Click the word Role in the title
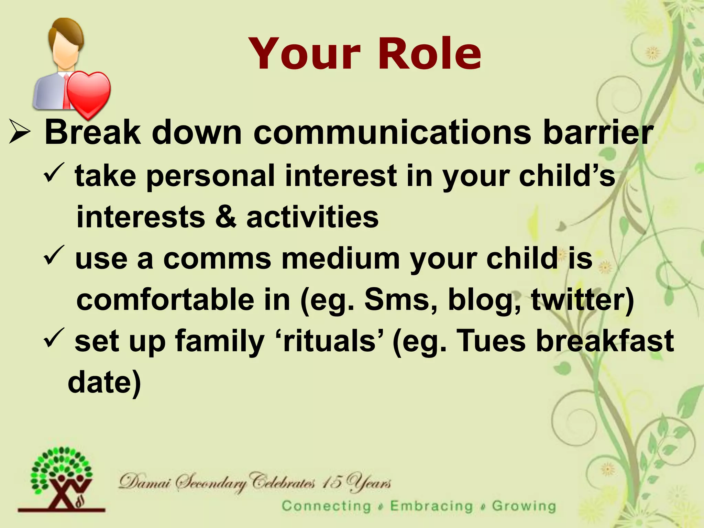430,54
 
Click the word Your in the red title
305,54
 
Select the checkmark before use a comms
54,254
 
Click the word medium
340,258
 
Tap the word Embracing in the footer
432,506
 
